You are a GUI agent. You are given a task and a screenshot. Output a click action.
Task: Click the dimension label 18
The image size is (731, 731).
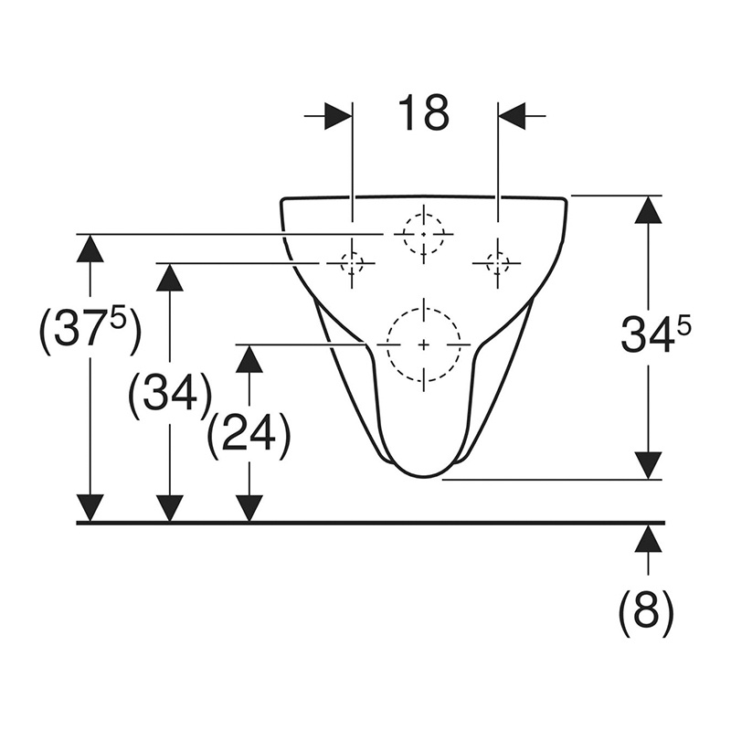pyautogui.click(x=423, y=112)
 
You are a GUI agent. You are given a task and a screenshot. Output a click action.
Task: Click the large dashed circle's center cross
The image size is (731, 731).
pyautogui.click(x=423, y=344)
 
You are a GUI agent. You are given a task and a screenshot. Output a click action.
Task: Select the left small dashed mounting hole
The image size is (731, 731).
pyautogui.click(x=352, y=263)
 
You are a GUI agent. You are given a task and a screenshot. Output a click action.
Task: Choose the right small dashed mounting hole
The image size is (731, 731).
pyautogui.click(x=498, y=263)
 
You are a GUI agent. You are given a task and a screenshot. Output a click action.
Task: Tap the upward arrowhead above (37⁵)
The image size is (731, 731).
pyautogui.click(x=90, y=248)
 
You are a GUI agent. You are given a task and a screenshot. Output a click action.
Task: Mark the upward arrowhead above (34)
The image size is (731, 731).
pyautogui.click(x=169, y=278)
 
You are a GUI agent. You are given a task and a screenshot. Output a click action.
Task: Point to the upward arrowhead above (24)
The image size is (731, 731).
pyautogui.click(x=249, y=358)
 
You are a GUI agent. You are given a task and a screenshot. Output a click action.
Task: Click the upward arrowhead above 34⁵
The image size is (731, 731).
pyautogui.click(x=648, y=209)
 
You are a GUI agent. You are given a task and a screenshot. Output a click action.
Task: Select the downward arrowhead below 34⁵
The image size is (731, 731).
pyautogui.click(x=648, y=465)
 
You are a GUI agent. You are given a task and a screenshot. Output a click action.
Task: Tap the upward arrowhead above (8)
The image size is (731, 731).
pyautogui.click(x=648, y=538)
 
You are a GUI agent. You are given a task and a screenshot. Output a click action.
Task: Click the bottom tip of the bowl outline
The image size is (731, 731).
pyautogui.click(x=423, y=477)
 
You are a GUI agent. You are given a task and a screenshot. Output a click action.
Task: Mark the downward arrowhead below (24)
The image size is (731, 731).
pyautogui.click(x=249, y=508)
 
